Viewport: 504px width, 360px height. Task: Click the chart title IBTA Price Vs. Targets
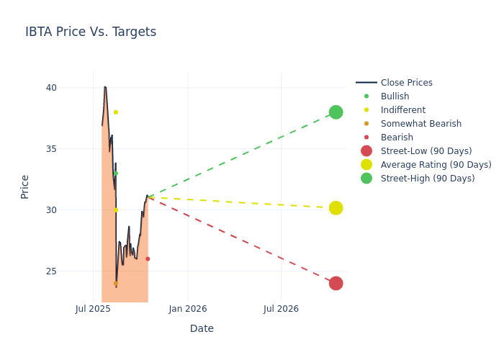[x=91, y=32]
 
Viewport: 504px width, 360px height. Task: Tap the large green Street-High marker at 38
[x=336, y=112]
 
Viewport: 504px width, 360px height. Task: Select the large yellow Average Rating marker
[x=336, y=208]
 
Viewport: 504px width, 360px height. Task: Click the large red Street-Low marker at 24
[x=336, y=284]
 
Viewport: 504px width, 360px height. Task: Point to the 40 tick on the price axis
[x=71, y=88]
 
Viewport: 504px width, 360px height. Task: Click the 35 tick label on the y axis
[x=71, y=149]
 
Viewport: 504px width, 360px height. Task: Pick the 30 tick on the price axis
[x=71, y=210]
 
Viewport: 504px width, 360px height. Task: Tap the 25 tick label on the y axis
[x=71, y=271]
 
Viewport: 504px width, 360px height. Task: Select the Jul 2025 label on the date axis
[x=93, y=309]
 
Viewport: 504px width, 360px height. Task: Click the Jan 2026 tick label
[x=188, y=309]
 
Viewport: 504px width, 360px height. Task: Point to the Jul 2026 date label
[x=281, y=309]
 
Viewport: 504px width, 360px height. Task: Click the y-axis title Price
[x=25, y=186]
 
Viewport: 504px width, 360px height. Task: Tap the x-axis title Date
[x=202, y=329]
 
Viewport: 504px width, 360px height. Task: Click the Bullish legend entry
[x=395, y=96]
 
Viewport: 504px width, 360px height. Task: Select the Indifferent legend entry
[x=402, y=110]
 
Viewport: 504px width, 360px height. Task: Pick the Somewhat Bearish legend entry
[x=420, y=124]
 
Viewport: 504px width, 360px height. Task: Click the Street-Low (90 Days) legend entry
[x=426, y=151]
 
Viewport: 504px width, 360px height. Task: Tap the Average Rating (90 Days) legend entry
[x=436, y=165]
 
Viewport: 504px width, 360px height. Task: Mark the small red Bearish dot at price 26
[x=148, y=259]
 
